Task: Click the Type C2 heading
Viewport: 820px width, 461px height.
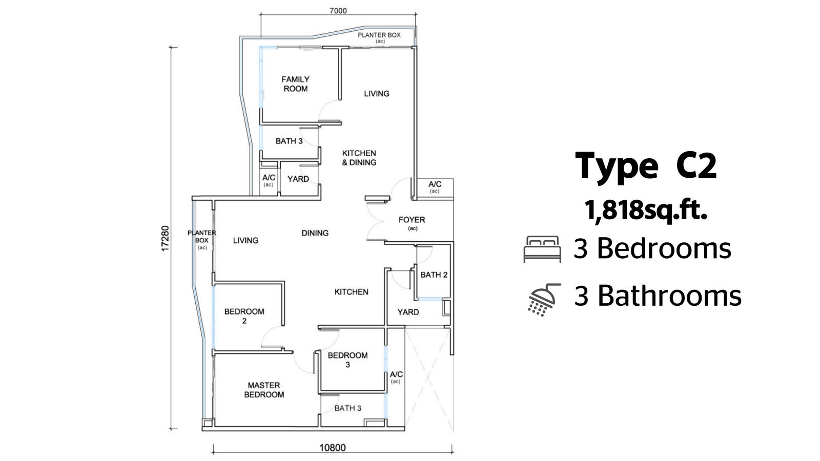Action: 646,166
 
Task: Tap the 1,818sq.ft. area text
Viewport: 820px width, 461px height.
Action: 646,211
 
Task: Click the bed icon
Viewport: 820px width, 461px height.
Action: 542,249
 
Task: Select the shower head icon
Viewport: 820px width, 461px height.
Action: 544,300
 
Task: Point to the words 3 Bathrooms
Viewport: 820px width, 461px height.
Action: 658,296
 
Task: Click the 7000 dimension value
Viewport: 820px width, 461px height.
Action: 338,11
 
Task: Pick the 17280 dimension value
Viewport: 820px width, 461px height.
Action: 166,238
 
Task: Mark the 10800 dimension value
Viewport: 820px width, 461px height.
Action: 333,448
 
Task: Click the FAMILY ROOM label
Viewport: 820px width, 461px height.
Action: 295,84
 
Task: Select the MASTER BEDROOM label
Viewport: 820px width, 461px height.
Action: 264,390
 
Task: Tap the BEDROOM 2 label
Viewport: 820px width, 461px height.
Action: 244,316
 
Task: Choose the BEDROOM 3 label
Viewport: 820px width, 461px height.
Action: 348,360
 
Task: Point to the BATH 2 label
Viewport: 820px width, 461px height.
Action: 434,275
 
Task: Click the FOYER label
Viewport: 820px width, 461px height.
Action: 412,220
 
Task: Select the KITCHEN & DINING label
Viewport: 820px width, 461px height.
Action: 359,158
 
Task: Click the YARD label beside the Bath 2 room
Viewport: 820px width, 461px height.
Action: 408,312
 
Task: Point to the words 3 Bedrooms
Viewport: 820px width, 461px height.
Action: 652,248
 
